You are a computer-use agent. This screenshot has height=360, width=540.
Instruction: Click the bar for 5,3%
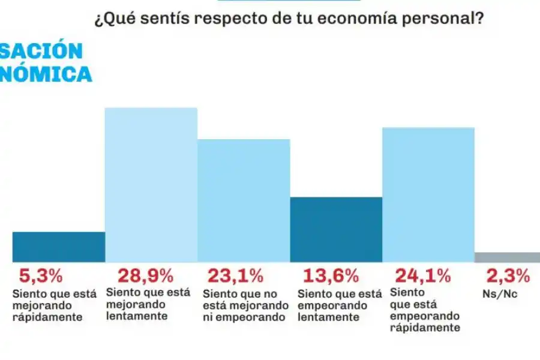point(58,247)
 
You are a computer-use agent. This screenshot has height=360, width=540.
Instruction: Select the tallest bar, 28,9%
point(151,185)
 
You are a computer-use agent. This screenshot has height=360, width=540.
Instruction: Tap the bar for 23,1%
point(244,200)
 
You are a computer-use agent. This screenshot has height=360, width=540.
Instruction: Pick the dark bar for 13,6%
point(336,229)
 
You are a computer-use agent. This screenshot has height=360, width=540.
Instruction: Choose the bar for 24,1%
point(428,194)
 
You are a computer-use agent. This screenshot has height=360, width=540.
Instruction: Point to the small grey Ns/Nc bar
point(507,257)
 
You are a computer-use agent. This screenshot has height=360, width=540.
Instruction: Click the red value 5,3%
point(41,276)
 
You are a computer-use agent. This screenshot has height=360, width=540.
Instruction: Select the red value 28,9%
point(145,276)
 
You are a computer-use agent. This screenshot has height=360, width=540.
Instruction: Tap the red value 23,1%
point(235,276)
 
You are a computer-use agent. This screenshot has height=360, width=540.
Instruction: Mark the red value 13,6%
point(331,276)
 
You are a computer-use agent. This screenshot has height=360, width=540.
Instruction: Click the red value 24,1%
point(422,276)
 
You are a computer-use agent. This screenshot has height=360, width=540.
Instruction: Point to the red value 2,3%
point(508,276)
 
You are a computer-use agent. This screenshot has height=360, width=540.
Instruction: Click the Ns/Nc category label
point(500,295)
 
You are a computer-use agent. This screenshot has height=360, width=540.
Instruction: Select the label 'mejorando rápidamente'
point(47,306)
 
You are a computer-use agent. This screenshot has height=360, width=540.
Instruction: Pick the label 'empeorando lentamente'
point(340,305)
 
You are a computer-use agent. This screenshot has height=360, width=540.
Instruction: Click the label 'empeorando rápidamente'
point(425,310)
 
